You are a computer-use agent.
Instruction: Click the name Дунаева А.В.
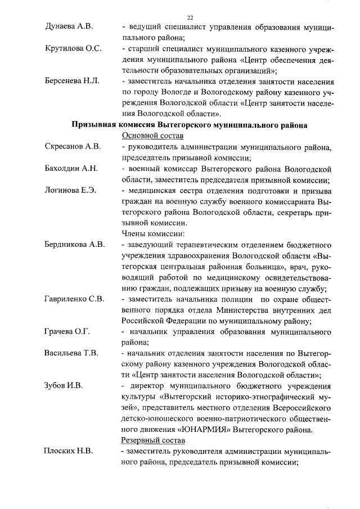click(69, 26)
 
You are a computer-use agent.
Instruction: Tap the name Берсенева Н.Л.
click(72, 81)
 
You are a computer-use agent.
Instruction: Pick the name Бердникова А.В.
click(74, 245)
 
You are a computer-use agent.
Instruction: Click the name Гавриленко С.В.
click(74, 299)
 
